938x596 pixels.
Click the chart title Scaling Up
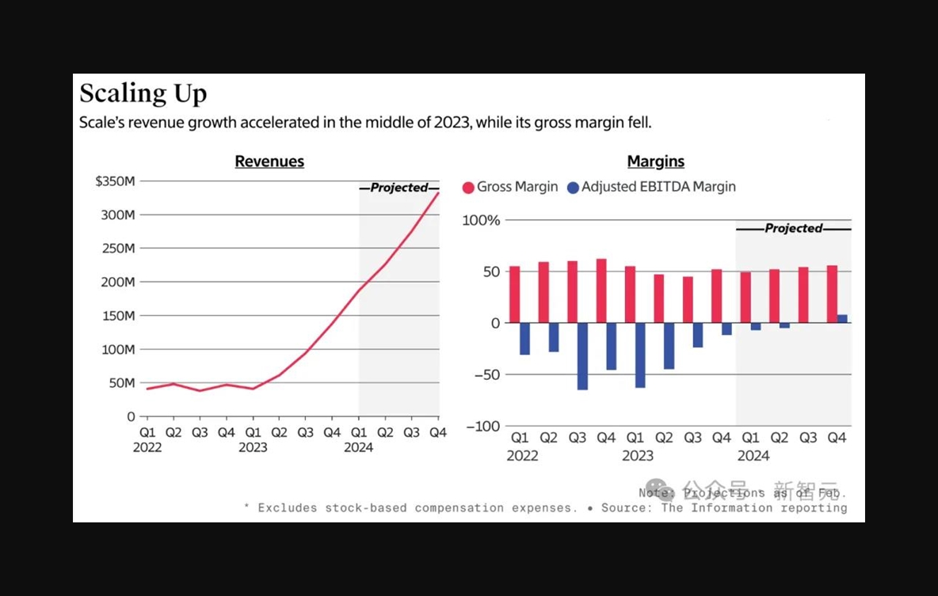click(143, 93)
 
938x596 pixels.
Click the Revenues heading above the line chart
click(269, 161)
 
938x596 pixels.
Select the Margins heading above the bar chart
click(655, 161)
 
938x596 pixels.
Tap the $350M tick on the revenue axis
click(115, 181)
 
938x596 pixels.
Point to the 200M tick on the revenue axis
click(119, 282)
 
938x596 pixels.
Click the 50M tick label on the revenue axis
click(121, 382)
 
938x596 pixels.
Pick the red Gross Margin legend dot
click(468, 188)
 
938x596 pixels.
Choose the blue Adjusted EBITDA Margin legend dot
click(573, 188)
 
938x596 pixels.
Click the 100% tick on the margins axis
click(482, 221)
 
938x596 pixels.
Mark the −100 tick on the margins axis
click(482, 427)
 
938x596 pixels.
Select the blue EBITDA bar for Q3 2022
click(582, 356)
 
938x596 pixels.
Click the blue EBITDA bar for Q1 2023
click(640, 355)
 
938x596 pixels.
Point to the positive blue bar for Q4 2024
click(842, 319)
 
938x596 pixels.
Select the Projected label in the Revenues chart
click(398, 188)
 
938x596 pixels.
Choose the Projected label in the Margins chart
click(793, 229)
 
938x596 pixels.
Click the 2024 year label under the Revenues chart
click(358, 448)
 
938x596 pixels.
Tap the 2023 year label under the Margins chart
click(638, 456)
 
